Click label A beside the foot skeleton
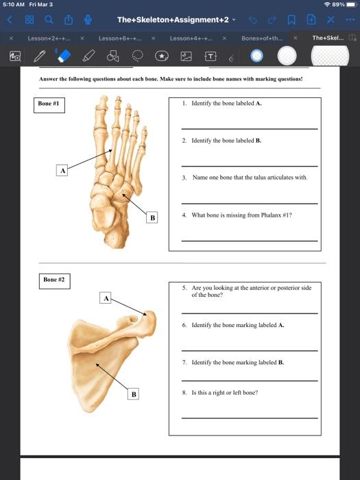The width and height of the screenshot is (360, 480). [62, 169]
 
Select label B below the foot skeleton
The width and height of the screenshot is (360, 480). [152, 218]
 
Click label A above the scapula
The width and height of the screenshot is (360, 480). [106, 298]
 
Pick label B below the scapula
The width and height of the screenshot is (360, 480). [134, 394]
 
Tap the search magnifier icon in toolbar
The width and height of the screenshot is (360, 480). [49, 21]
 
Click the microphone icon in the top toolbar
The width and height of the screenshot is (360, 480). [88, 21]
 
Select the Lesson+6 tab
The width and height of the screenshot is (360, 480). [120, 38]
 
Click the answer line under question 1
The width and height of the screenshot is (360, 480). [250, 128]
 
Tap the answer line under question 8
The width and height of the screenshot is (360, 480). [250, 417]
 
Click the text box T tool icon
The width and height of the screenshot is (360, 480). [211, 55]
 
